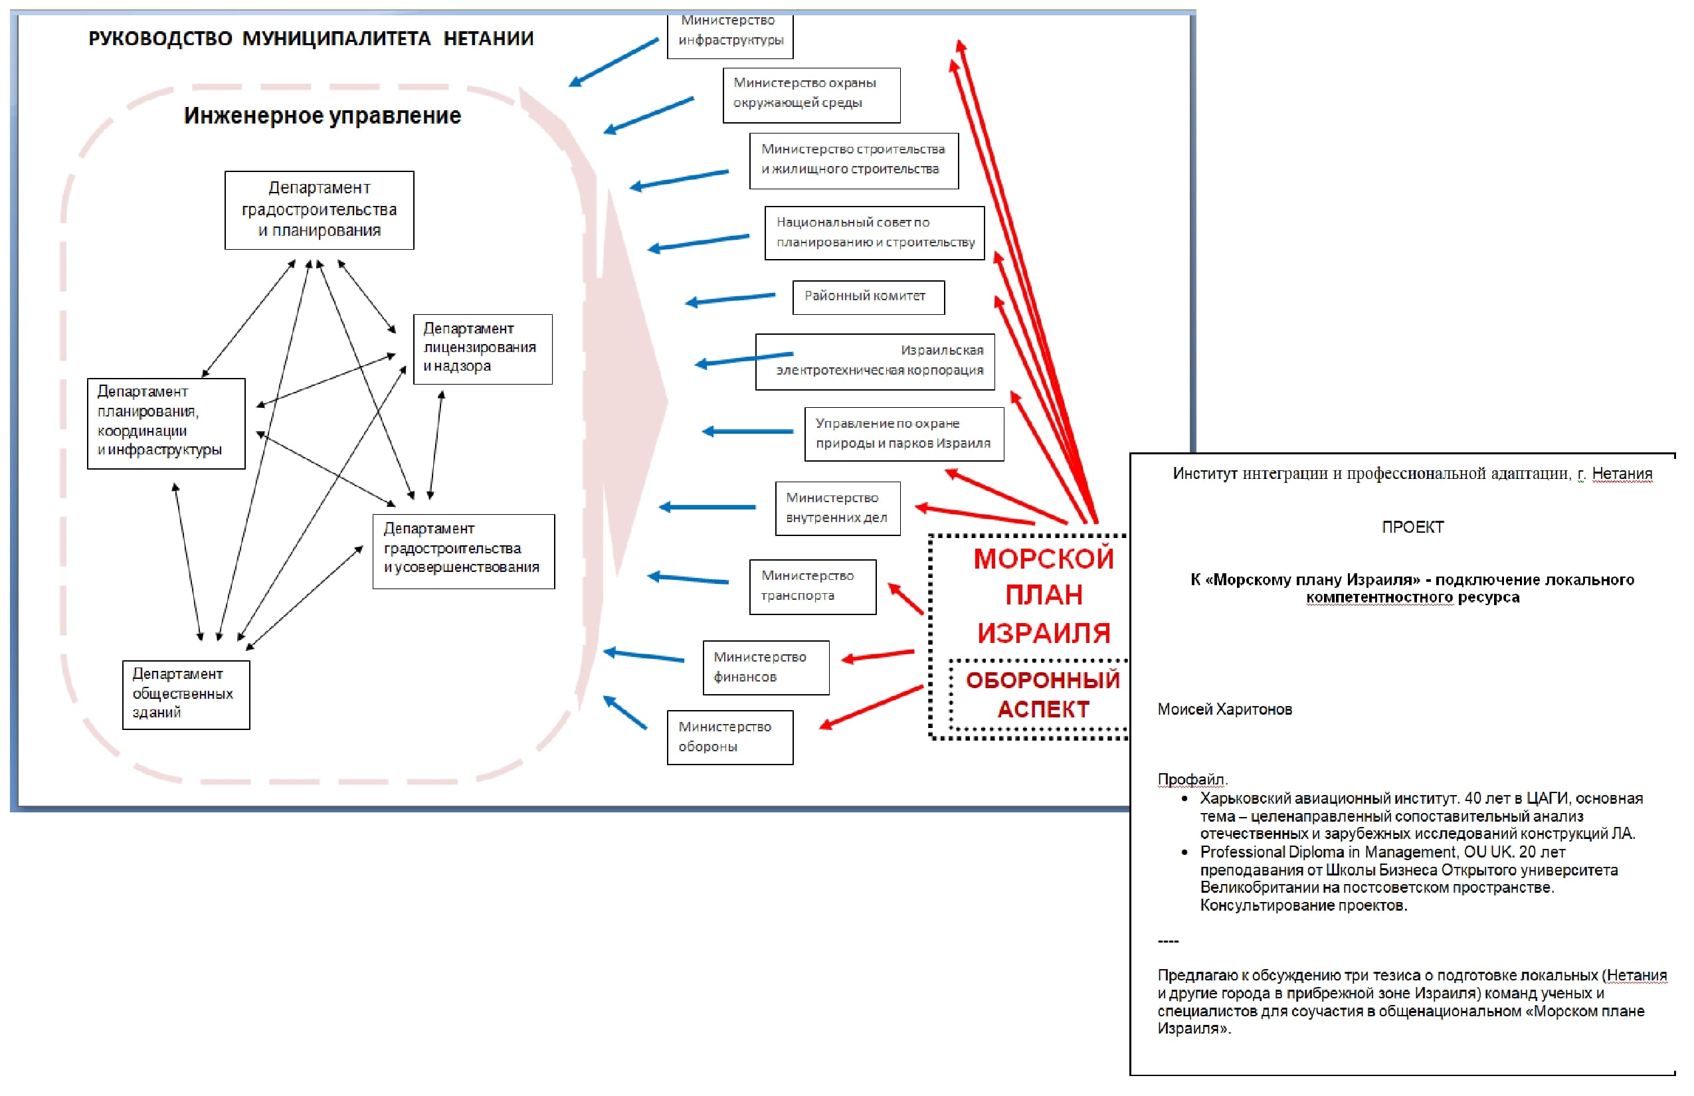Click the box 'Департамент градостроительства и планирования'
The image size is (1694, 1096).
(319, 210)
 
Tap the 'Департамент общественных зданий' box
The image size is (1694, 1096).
(186, 695)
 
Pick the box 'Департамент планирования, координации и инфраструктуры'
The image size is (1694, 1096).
(166, 424)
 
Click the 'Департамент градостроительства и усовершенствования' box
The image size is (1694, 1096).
(464, 551)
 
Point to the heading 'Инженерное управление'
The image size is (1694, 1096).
(322, 116)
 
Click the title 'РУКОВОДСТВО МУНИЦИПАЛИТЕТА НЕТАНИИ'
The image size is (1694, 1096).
(311, 39)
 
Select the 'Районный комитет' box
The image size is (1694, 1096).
(868, 297)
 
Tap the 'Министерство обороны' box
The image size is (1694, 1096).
(729, 737)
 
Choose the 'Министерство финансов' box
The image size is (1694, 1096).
(766, 668)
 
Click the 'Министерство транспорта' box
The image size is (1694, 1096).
(813, 587)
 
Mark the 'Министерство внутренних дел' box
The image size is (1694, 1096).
(838, 508)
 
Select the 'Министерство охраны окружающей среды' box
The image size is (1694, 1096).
(811, 96)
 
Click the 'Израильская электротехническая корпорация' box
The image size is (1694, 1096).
(875, 361)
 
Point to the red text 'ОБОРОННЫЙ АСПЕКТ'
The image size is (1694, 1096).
(1043, 694)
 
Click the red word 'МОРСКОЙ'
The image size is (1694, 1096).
(1044, 559)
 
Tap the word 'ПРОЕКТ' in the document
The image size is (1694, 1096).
(1412, 527)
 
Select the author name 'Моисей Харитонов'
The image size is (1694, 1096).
(1224, 709)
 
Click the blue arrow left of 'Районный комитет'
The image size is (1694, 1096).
(730, 299)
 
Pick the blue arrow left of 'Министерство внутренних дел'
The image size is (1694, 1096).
(707, 507)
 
